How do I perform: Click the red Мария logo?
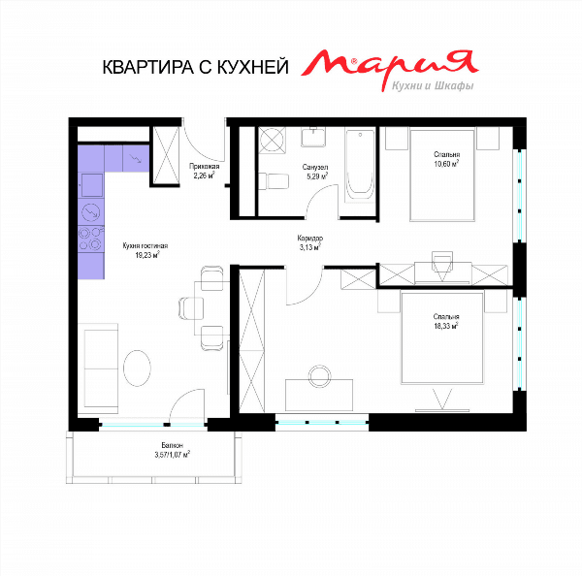[390, 65]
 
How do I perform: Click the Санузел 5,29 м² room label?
[315, 172]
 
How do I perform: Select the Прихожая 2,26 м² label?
[204, 171]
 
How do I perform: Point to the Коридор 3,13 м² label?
[310, 242]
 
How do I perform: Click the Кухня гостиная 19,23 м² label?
[145, 250]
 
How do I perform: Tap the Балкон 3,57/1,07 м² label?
[173, 450]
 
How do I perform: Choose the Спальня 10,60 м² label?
[446, 159]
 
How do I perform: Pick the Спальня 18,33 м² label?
[446, 321]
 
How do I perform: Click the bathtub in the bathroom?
[359, 166]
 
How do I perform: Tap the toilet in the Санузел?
[274, 181]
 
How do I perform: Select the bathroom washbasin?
[313, 137]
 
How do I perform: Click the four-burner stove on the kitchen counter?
[90, 239]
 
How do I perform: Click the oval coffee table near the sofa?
[137, 368]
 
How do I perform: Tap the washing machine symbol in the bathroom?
[272, 141]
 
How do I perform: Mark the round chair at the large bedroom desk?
[319, 376]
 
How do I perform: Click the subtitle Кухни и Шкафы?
[433, 86]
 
